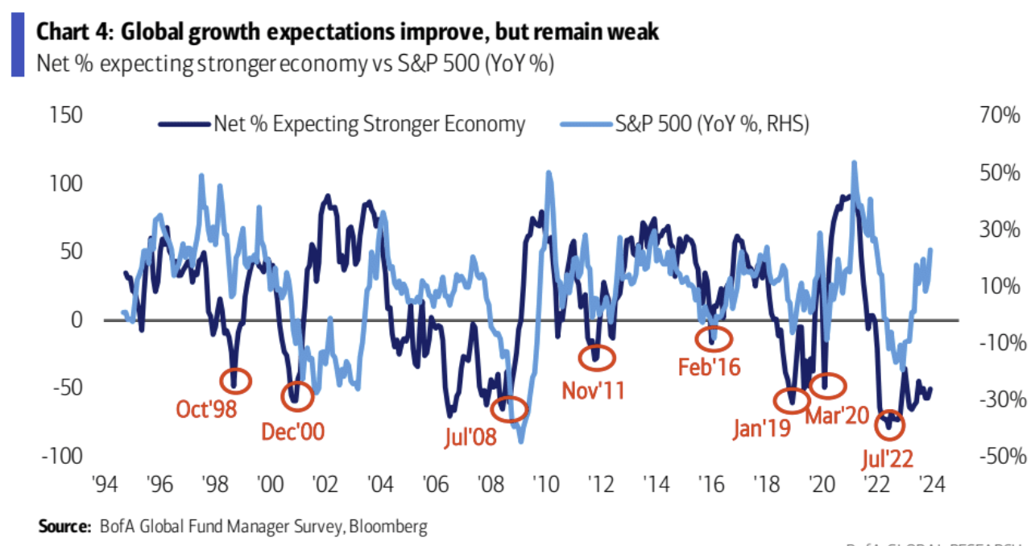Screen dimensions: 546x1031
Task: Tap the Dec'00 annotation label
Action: coord(292,431)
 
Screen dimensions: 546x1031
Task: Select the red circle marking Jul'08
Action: coord(511,409)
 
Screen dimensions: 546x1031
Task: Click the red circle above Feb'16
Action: coord(710,336)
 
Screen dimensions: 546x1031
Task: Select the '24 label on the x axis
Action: coord(932,486)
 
